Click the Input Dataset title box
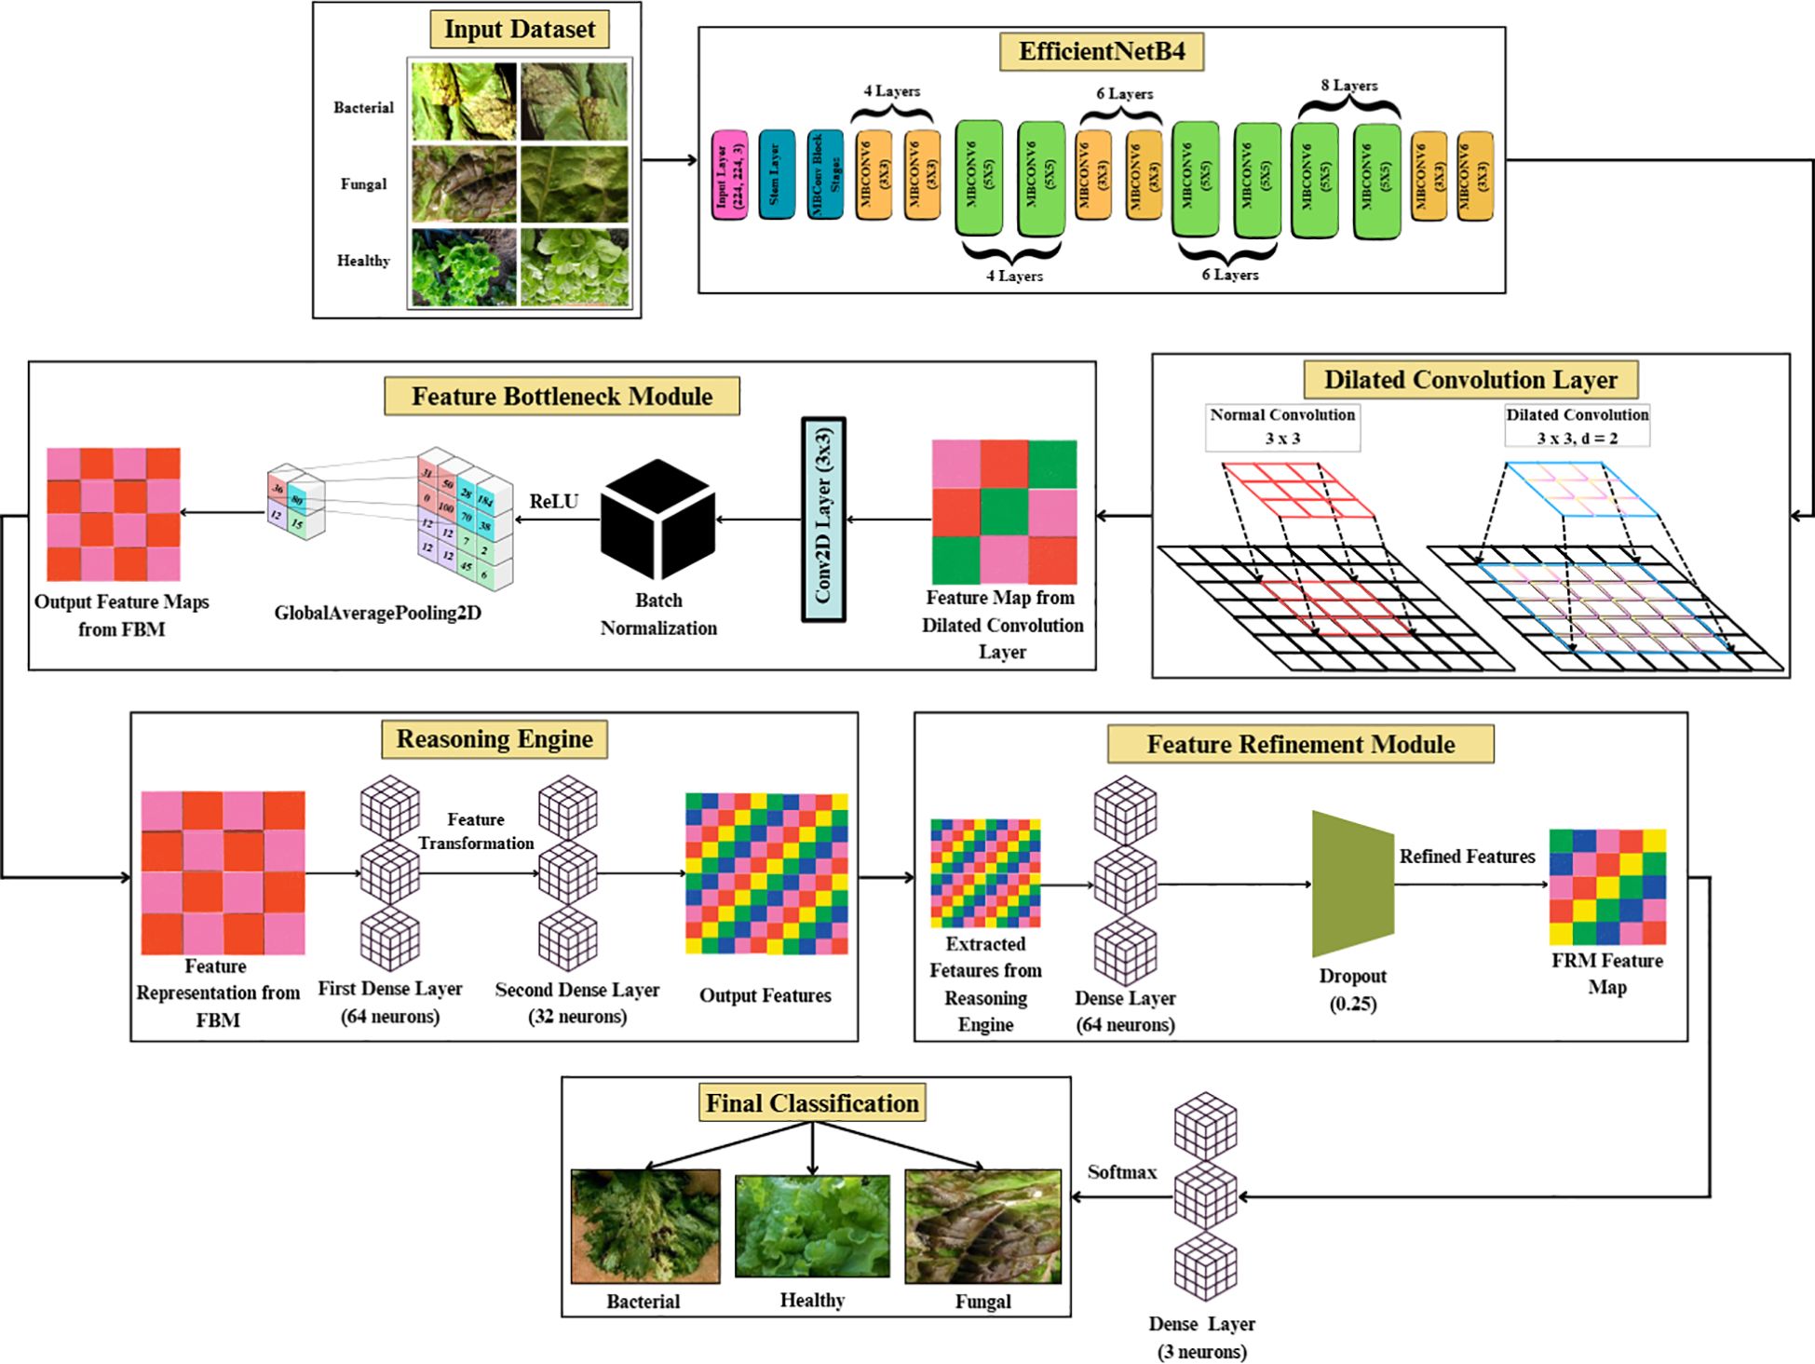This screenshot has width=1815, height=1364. click(519, 30)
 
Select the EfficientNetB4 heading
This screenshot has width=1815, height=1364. click(1101, 51)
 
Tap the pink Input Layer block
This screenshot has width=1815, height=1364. click(729, 175)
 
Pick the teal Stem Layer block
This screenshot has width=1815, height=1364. click(776, 174)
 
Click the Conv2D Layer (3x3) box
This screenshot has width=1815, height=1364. click(823, 519)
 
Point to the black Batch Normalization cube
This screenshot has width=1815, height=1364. click(657, 519)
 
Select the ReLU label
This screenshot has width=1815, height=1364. click(553, 502)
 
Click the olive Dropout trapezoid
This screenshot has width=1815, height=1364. click(1351, 884)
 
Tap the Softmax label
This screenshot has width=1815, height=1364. click(1121, 1172)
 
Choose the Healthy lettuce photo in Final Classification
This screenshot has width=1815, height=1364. click(812, 1226)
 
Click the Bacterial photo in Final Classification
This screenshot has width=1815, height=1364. click(644, 1226)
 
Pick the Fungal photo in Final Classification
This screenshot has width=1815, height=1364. click(982, 1226)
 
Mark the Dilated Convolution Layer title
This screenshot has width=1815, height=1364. click(1470, 380)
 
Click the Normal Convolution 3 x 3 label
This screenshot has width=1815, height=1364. click(1282, 426)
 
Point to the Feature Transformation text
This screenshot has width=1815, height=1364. click(476, 831)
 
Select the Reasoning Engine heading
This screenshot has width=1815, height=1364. click(494, 739)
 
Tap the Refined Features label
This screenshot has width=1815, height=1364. click(1467, 857)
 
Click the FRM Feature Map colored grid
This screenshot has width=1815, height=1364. click(1607, 886)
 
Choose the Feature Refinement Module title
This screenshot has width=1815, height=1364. click(1300, 745)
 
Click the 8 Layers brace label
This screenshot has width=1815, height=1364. click(1348, 86)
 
